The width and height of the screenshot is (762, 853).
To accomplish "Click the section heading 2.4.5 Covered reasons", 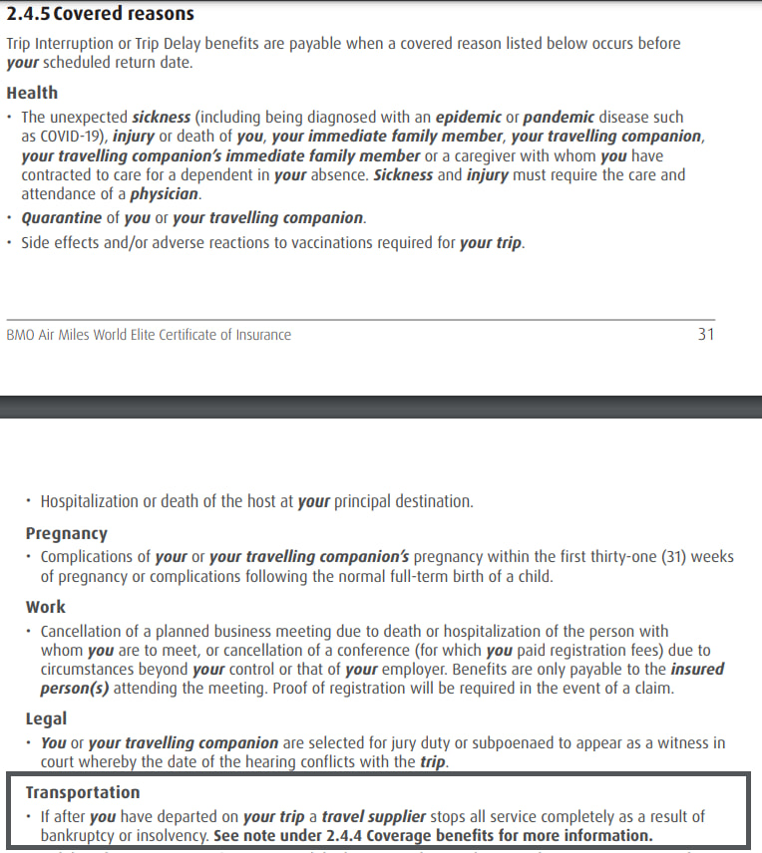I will pos(101,14).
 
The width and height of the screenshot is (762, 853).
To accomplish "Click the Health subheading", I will pos(32,93).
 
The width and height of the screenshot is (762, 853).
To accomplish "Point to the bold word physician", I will pos(165,194).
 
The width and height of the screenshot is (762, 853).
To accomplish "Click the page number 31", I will pos(706,335).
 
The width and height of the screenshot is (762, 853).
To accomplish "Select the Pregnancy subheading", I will pos(66,533).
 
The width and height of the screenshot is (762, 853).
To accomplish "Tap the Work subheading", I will pos(46,606).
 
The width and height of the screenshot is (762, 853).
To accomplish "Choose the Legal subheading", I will pos(46,717).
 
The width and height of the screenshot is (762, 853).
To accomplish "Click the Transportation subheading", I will pos(83,792).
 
